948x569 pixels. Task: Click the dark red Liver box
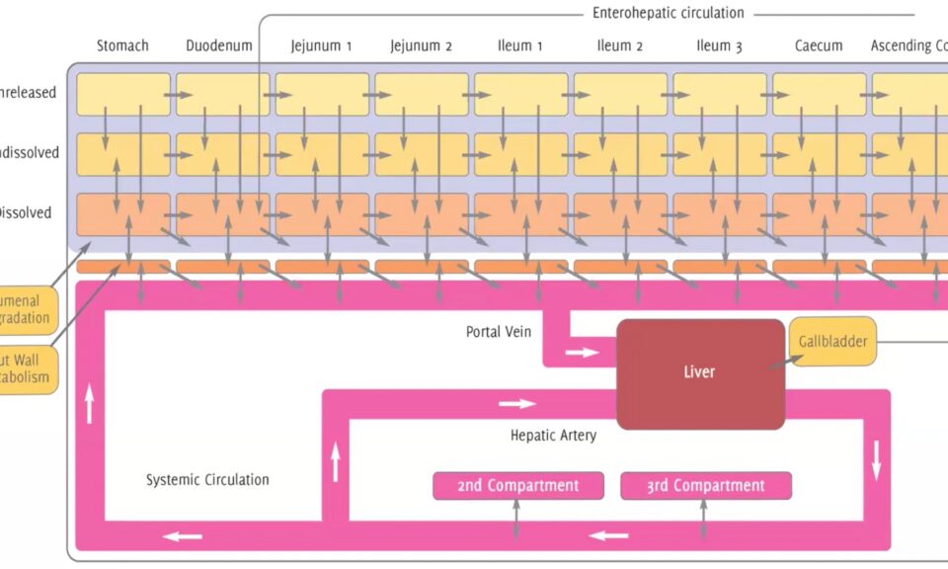tap(700, 373)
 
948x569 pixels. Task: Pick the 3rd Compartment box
tap(705, 486)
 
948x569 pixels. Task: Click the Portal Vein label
tap(499, 332)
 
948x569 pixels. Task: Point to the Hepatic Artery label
tap(553, 435)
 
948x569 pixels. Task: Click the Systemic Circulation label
tap(207, 480)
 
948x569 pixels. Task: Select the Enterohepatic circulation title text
tap(669, 13)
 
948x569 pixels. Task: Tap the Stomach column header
tap(122, 45)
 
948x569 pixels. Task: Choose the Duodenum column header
tap(219, 45)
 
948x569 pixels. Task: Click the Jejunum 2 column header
tap(422, 45)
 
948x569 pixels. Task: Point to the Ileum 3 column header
tap(719, 45)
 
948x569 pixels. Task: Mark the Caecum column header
tap(820, 45)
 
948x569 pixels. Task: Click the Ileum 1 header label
tap(520, 45)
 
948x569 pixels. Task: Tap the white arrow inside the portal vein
tap(582, 353)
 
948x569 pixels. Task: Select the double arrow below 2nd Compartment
tap(515, 520)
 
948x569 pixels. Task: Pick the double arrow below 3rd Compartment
tap(703, 520)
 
